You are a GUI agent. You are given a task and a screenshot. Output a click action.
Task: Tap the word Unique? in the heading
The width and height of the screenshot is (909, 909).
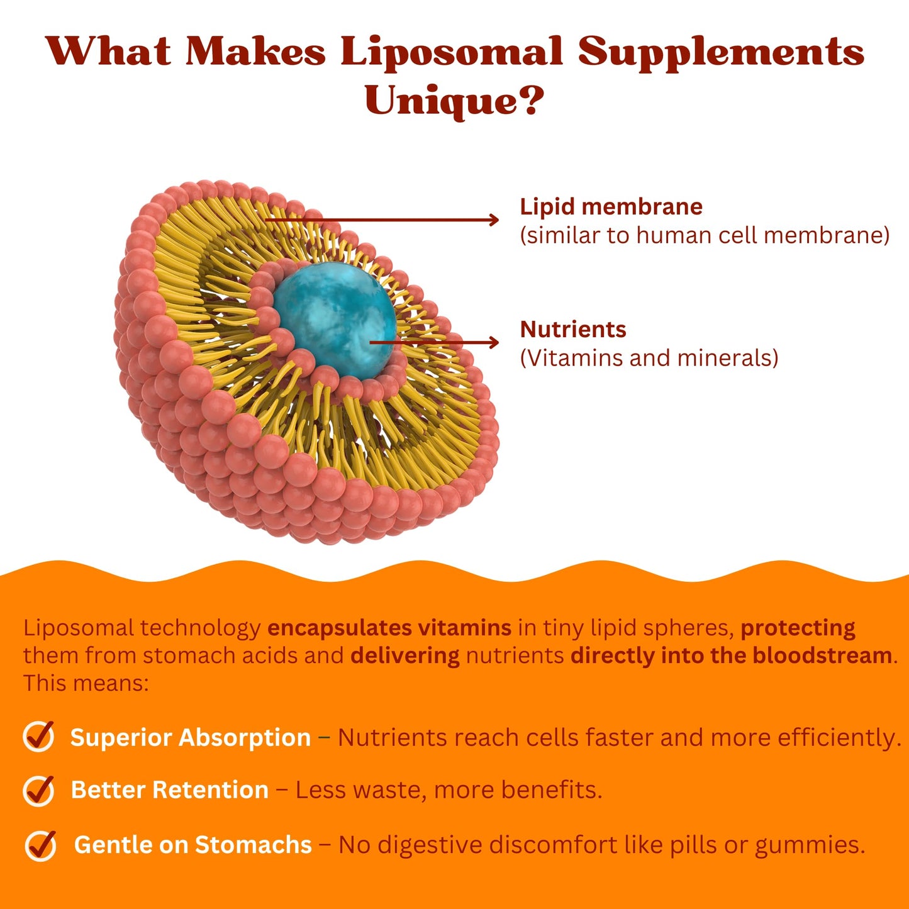454,101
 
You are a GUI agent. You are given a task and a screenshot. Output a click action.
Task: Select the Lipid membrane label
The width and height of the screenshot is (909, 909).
611,207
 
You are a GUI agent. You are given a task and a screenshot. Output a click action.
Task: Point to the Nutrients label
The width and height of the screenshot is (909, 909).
573,330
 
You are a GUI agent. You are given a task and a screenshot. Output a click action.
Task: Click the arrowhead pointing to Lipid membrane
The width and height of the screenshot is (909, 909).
494,220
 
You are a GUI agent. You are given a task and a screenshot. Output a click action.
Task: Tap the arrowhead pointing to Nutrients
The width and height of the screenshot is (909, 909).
494,342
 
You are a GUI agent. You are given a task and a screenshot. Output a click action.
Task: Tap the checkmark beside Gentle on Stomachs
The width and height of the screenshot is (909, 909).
41,845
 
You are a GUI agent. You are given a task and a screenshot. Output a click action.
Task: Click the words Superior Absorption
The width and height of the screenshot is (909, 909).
190,737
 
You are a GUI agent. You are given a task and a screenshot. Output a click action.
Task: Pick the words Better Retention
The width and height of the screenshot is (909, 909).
169,790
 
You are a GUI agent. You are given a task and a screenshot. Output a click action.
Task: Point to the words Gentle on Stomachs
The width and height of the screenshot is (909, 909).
192,845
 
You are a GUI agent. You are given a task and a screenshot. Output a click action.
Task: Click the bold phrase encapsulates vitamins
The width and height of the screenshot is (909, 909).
389,628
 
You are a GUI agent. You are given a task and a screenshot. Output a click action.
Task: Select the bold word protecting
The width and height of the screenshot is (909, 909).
798,628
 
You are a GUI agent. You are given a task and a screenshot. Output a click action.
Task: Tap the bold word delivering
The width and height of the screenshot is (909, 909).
405,655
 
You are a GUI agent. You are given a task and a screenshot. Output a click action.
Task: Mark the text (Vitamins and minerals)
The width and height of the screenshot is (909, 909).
649,358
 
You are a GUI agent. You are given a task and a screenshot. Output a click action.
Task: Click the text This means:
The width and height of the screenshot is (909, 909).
86,683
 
